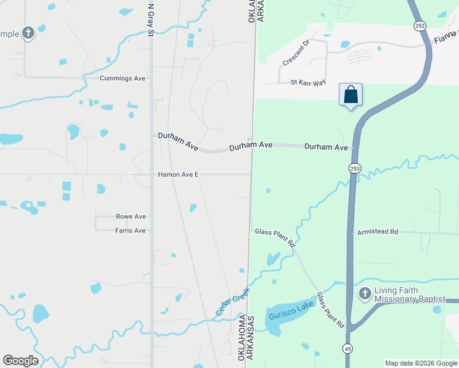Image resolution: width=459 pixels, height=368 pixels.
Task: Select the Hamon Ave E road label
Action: point(178,175)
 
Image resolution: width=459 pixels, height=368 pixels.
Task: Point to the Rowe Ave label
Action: point(131,217)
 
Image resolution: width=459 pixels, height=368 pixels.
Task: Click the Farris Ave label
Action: point(131,231)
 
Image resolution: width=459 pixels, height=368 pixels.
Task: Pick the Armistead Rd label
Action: point(377,232)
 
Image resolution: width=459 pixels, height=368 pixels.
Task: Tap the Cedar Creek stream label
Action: point(232,302)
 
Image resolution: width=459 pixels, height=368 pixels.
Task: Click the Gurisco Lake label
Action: point(291,310)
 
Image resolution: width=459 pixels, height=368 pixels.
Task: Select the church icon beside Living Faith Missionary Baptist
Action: point(364,293)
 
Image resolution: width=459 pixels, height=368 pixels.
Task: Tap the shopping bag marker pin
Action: point(350,95)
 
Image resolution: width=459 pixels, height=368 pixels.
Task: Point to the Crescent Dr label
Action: point(298,54)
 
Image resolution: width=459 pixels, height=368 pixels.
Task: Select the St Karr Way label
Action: point(308,82)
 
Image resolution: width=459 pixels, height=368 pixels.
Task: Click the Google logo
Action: point(20,361)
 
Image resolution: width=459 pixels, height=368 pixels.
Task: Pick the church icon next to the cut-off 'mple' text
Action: point(28,34)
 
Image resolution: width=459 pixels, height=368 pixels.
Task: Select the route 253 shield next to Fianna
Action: point(418,26)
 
